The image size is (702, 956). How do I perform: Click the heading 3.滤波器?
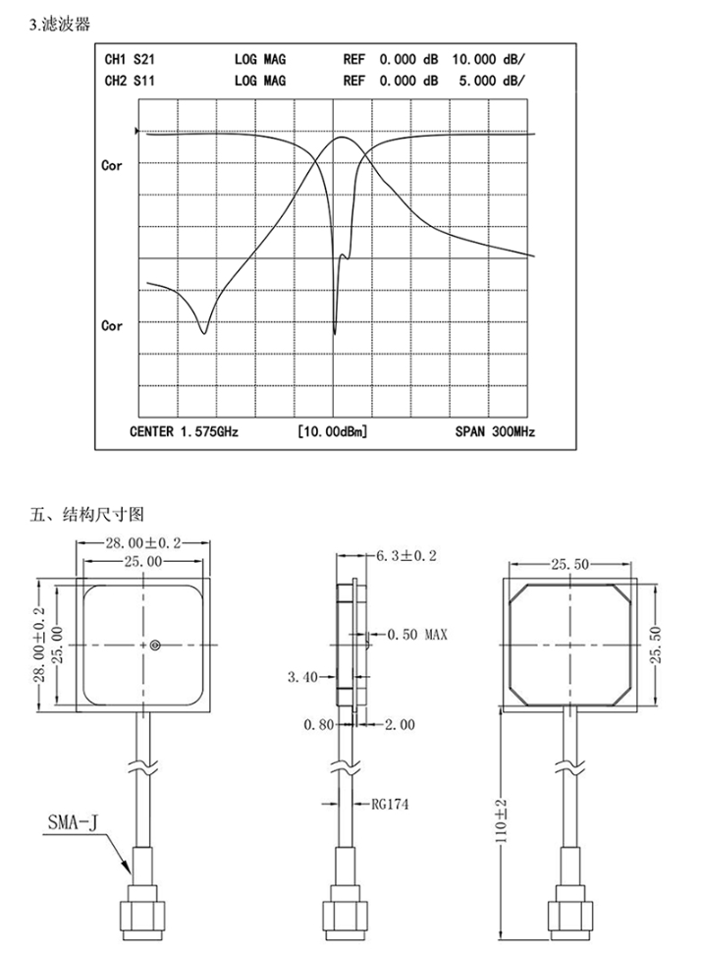[57, 22]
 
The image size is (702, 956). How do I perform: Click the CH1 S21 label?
[129, 60]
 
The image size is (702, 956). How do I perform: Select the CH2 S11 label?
[129, 81]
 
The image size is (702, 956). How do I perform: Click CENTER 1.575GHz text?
[184, 431]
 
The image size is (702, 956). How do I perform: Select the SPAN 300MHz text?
[495, 431]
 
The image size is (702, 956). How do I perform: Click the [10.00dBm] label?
[332, 431]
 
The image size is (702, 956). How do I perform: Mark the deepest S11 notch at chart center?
[335, 332]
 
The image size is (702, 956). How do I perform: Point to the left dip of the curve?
[203, 332]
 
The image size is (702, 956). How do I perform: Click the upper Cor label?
[112, 166]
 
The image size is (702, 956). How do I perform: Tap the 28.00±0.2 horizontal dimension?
[143, 543]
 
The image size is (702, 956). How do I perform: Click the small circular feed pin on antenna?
[155, 645]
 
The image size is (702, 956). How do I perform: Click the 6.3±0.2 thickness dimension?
[405, 556]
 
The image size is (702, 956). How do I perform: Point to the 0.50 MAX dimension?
[416, 635]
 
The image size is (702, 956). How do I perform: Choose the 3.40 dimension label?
[301, 677]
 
